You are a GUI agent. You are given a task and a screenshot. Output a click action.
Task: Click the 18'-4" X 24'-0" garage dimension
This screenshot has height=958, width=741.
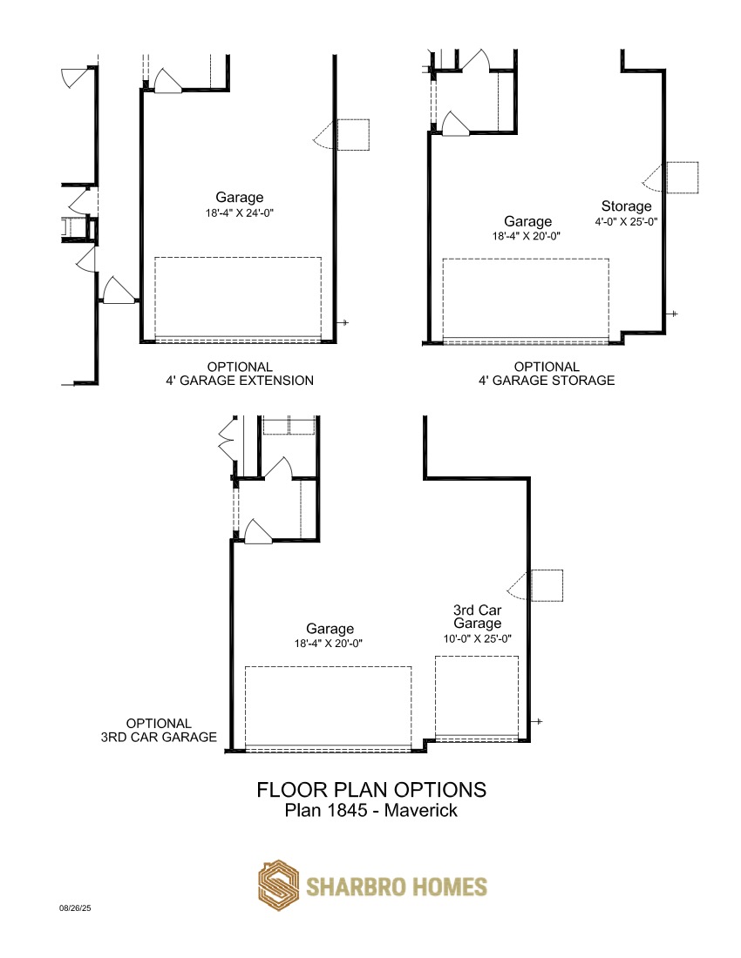click(239, 213)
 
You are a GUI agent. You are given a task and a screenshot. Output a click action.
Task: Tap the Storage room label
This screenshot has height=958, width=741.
click(626, 206)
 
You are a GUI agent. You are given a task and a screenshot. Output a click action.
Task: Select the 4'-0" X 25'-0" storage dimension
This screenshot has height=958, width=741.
click(626, 222)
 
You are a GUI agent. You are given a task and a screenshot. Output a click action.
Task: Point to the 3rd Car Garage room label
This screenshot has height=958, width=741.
click(477, 617)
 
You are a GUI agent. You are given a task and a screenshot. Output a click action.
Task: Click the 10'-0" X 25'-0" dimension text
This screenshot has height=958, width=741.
click(477, 638)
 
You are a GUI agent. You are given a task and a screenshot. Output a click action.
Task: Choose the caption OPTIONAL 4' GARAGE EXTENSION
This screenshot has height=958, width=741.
click(240, 374)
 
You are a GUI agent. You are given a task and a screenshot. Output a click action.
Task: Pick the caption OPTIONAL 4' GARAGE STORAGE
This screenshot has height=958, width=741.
click(547, 374)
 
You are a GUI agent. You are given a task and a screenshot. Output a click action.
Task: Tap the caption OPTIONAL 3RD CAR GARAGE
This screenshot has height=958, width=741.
click(159, 730)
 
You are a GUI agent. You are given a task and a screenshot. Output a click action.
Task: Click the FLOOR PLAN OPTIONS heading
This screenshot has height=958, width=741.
click(371, 789)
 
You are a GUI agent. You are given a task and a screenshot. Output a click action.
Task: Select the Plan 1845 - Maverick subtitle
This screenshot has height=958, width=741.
click(371, 810)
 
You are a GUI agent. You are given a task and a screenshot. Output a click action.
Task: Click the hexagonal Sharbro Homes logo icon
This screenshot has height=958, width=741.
click(278, 886)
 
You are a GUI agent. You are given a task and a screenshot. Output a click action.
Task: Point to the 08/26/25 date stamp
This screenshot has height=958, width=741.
click(75, 907)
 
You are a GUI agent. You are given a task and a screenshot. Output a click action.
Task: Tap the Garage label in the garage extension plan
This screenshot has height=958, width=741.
click(239, 198)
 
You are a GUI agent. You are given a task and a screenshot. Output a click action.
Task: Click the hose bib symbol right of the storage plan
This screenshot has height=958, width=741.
click(674, 314)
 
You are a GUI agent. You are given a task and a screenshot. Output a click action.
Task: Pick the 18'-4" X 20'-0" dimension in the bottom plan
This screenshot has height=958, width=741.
click(329, 644)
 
